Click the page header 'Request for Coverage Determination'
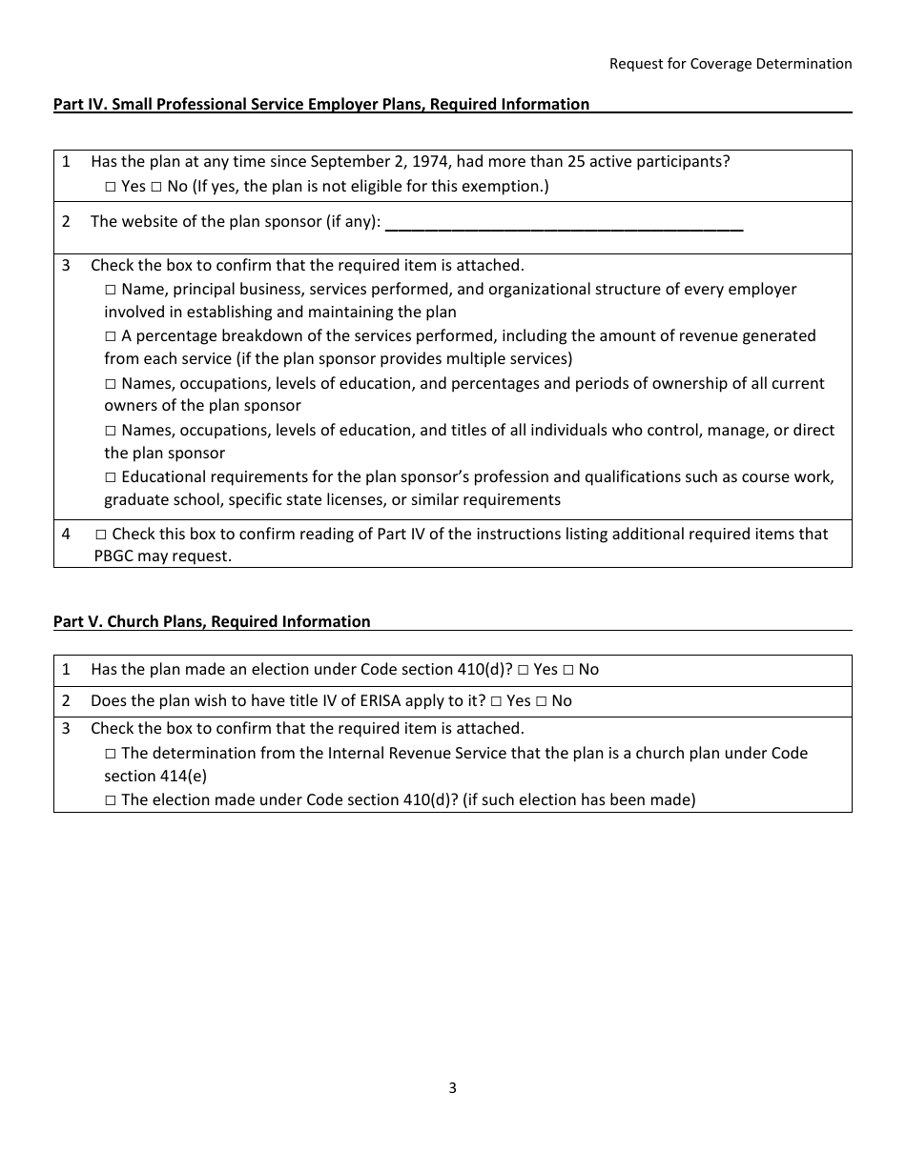731,64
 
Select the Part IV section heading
321,104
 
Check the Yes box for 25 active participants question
111,187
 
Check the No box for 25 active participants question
156,187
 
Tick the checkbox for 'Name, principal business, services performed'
111,290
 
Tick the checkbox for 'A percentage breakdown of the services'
111,336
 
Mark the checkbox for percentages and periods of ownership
111,384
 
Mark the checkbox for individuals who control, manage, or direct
111,431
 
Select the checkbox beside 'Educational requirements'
111,477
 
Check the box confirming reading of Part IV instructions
101,535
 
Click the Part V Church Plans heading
212,621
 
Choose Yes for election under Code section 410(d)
523,670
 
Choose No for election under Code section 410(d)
567,670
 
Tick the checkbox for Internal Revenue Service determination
111,754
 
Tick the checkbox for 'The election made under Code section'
111,800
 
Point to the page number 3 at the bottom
452,1088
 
